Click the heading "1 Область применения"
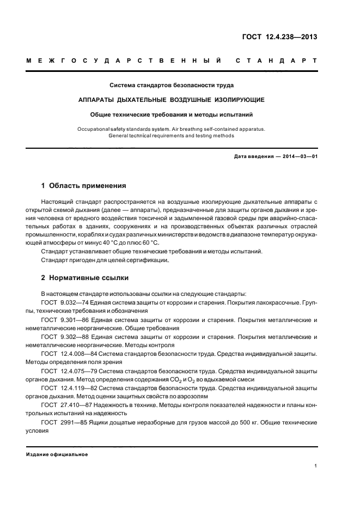(84, 185)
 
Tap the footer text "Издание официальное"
(57, 454)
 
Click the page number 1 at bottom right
(316, 466)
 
